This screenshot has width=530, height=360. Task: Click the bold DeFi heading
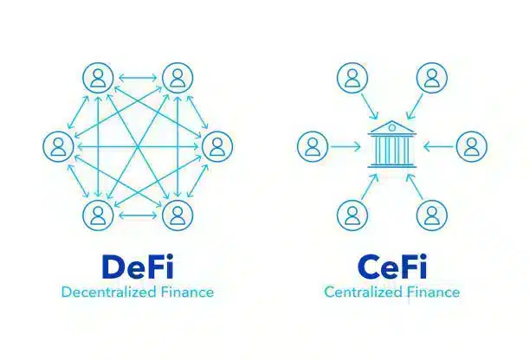tap(138, 266)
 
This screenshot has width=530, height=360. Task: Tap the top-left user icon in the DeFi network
tap(97, 79)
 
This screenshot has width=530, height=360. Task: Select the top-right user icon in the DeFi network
tap(177, 79)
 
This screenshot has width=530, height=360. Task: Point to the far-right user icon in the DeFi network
tap(217, 145)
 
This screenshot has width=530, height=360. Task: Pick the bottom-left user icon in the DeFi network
tap(97, 213)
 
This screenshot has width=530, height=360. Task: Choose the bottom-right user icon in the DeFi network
tap(177, 213)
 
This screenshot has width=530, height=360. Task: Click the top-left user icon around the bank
tap(351, 79)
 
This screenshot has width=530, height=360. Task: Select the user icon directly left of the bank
tap(312, 145)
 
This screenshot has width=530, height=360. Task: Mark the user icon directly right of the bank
tap(470, 145)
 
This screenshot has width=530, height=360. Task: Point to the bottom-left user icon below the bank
tap(351, 213)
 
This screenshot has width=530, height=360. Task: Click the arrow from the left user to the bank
tap(346, 145)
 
